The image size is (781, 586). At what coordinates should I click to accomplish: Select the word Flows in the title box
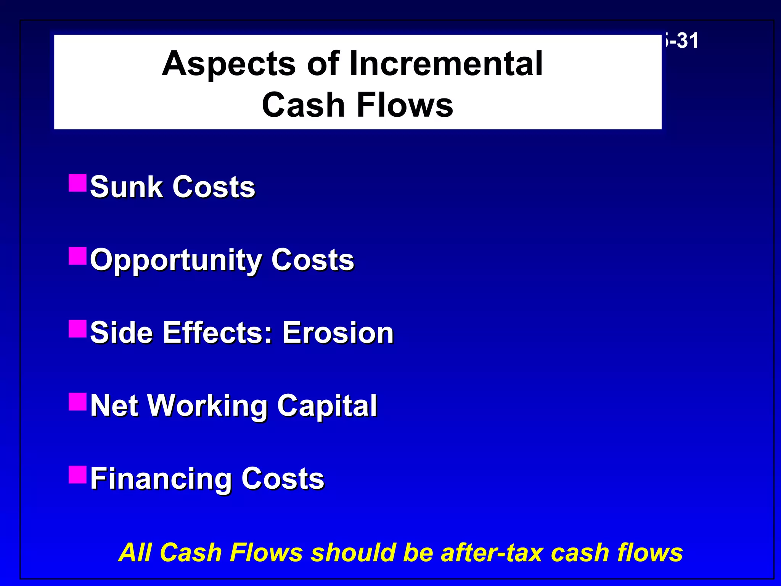(x=405, y=105)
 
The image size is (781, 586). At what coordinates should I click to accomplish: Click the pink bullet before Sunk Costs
(x=78, y=183)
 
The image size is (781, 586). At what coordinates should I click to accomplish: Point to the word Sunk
(x=126, y=187)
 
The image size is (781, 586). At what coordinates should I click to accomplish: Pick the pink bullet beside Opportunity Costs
(x=78, y=256)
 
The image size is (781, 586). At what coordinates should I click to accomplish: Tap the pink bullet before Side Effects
(x=78, y=329)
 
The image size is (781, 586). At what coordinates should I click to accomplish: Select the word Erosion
(x=338, y=333)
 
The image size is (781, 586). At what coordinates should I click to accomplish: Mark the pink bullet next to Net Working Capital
(x=78, y=402)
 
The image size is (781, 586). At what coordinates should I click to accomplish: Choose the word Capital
(x=327, y=406)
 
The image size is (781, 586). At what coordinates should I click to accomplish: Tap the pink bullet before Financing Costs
(x=78, y=475)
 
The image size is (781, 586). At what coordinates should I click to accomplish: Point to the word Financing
(x=161, y=479)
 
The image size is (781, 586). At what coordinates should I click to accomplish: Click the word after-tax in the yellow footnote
(x=492, y=552)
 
